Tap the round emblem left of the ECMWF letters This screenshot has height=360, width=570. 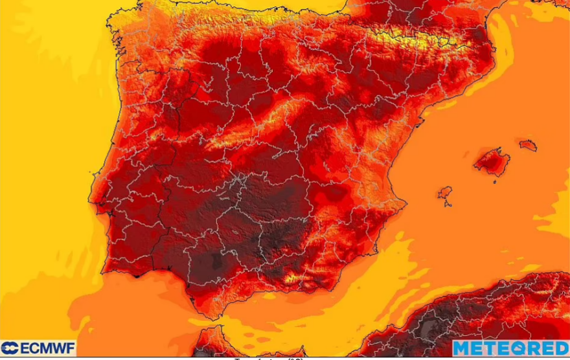[x=10, y=348]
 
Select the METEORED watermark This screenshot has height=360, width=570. [x=510, y=348]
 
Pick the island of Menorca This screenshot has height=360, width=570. [x=528, y=144]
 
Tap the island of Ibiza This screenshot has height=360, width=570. [x=445, y=193]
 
